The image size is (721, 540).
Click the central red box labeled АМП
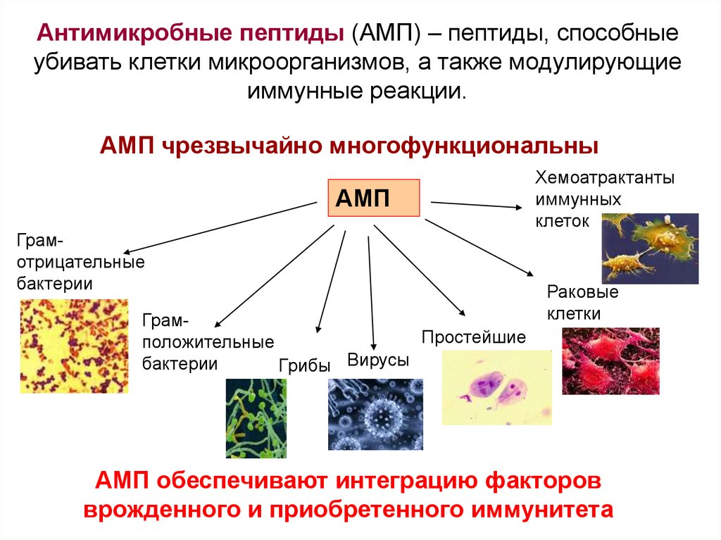(373, 198)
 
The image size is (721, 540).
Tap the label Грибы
(305, 365)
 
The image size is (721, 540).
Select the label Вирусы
(378, 360)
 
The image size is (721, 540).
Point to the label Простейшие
(473, 337)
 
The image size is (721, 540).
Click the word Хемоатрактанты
(605, 177)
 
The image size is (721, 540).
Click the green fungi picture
(256, 418)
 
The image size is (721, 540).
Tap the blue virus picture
(375, 414)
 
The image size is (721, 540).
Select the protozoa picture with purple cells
(496, 388)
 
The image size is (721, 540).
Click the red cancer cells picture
(610, 360)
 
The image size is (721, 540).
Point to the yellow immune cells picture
(650, 248)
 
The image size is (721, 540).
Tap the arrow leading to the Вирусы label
(371, 289)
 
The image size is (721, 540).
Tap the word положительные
(208, 343)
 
